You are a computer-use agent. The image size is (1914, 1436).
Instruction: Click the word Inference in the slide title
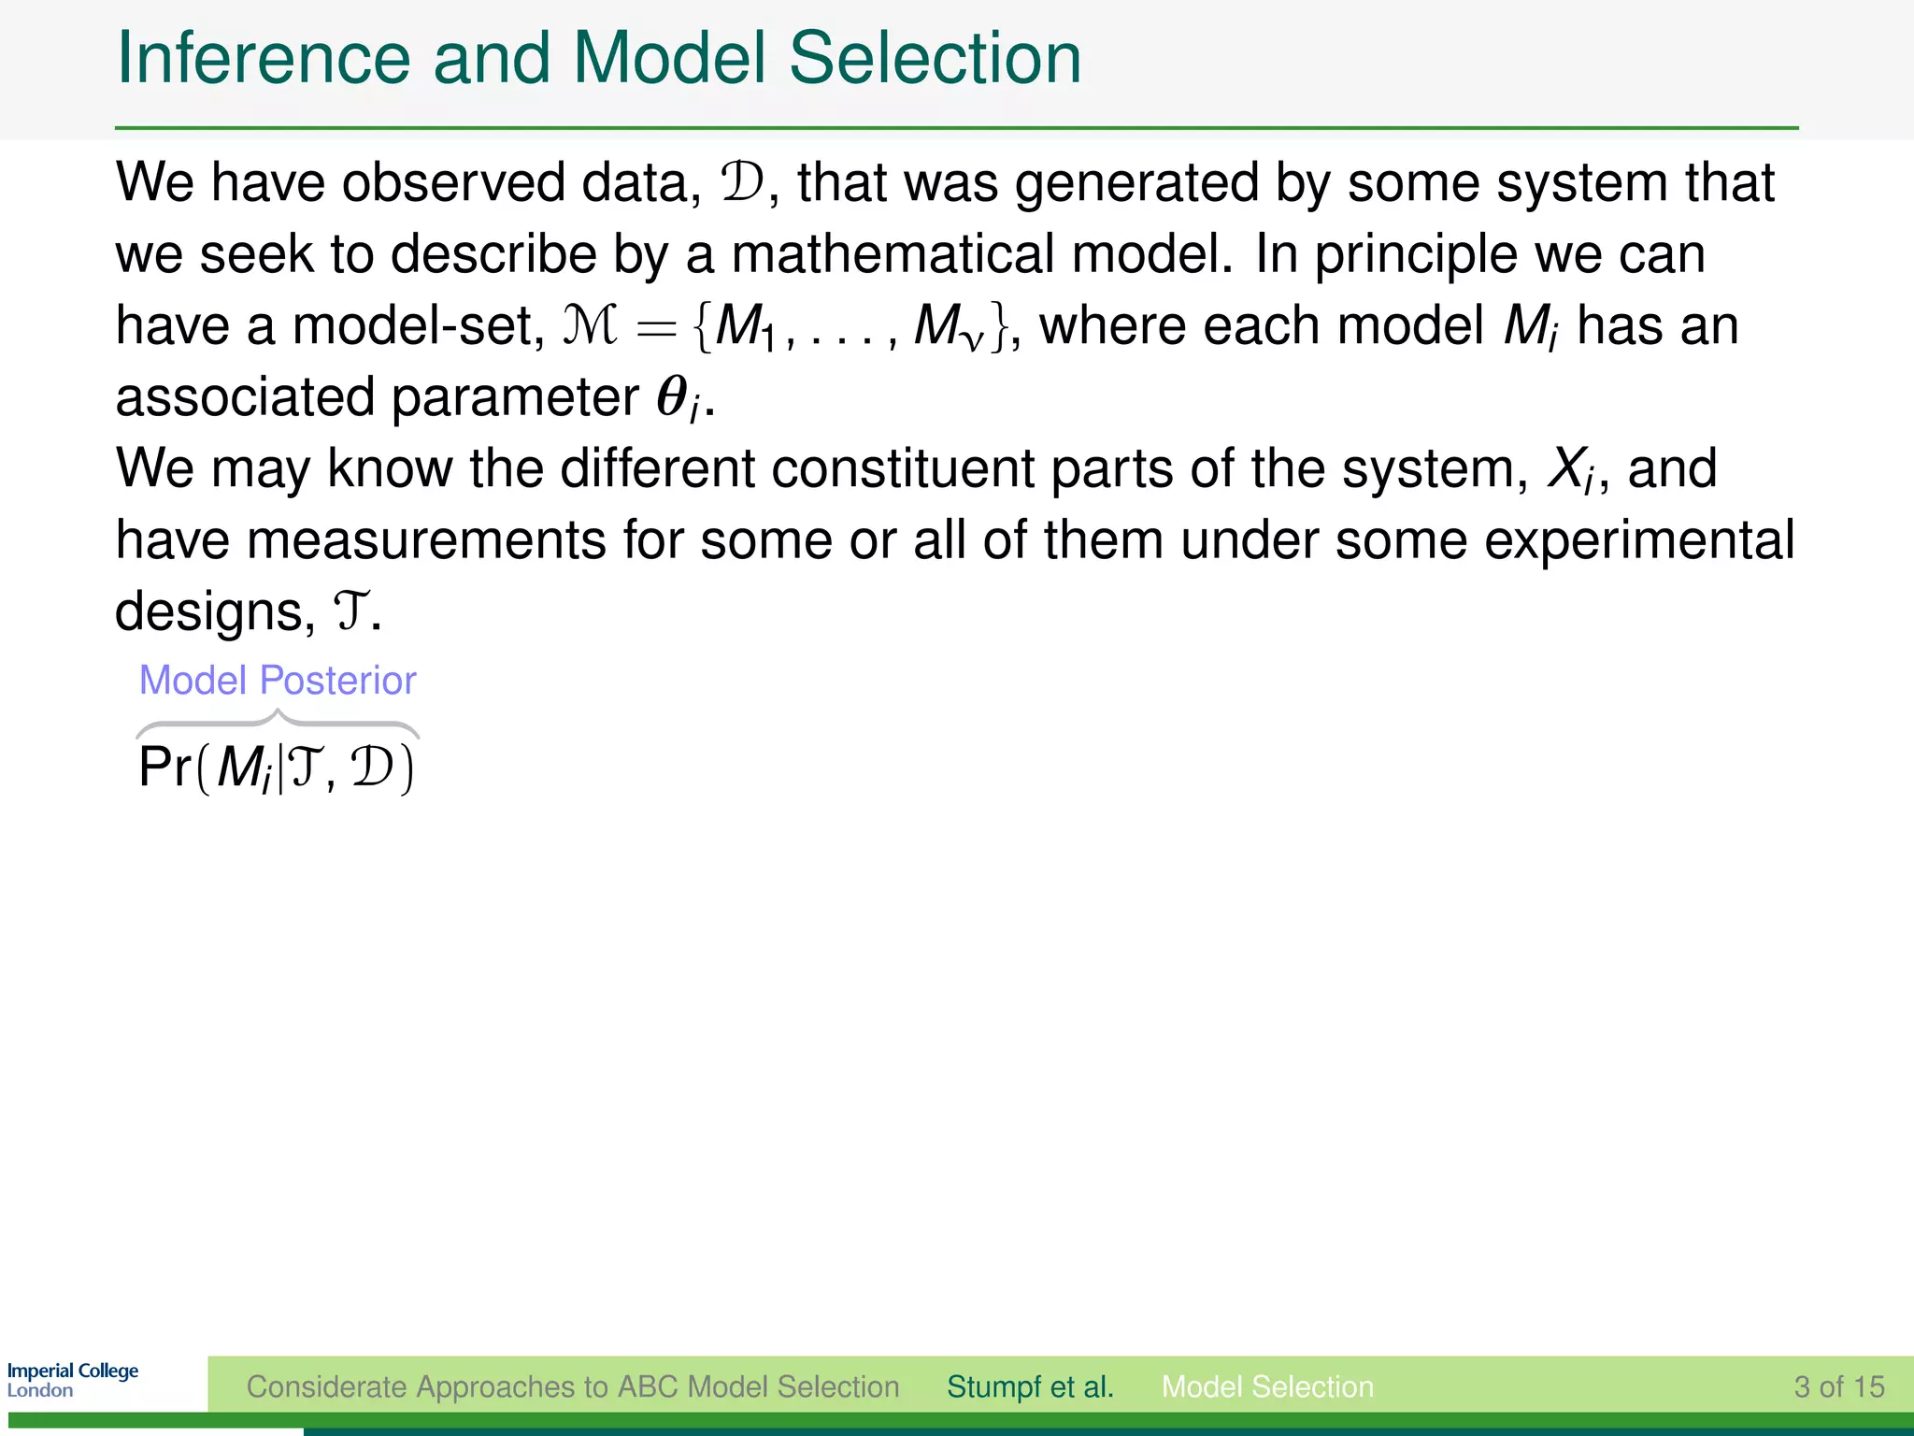pyautogui.click(x=263, y=59)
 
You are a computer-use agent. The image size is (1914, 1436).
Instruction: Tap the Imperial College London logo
pyautogui.click(x=73, y=1380)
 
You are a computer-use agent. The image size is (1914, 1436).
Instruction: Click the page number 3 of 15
pyautogui.click(x=1838, y=1386)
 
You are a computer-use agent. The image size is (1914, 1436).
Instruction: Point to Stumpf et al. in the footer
pyautogui.click(x=1030, y=1386)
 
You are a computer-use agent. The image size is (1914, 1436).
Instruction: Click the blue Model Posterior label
pyautogui.click(x=278, y=681)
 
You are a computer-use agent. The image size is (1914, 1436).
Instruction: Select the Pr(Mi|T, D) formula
pyautogui.click(x=276, y=769)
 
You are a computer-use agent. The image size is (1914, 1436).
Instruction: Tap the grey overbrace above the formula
pyautogui.click(x=278, y=723)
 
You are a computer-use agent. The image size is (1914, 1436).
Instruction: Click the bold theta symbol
pyautogui.click(x=673, y=396)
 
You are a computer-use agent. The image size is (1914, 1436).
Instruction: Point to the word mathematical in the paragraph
pyautogui.click(x=892, y=254)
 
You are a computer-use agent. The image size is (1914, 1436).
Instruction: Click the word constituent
pyautogui.click(x=903, y=468)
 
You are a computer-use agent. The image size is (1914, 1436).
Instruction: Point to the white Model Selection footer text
pyautogui.click(x=1267, y=1386)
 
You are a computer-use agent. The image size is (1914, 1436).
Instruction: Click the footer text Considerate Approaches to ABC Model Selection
pyautogui.click(x=573, y=1386)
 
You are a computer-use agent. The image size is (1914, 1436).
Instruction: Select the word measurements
pyautogui.click(x=426, y=540)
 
